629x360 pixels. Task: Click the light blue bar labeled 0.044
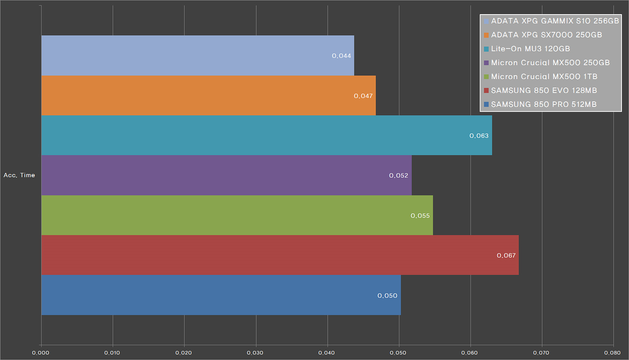(197, 55)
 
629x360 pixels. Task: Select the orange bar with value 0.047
(208, 96)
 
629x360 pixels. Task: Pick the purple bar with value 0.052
(226, 175)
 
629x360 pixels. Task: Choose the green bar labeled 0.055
(236, 215)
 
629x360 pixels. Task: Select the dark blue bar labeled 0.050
(220, 295)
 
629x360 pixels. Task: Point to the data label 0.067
(506, 255)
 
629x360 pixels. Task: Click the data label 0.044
(341, 56)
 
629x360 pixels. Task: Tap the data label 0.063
(479, 136)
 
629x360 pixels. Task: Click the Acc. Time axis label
(19, 175)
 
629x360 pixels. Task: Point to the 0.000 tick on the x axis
(40, 353)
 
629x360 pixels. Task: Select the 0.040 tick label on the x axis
(327, 353)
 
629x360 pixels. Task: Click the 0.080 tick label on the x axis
(612, 353)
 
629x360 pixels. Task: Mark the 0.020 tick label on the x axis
(184, 353)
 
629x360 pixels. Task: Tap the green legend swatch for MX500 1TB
(486, 77)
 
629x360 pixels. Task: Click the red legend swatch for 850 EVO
(486, 90)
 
